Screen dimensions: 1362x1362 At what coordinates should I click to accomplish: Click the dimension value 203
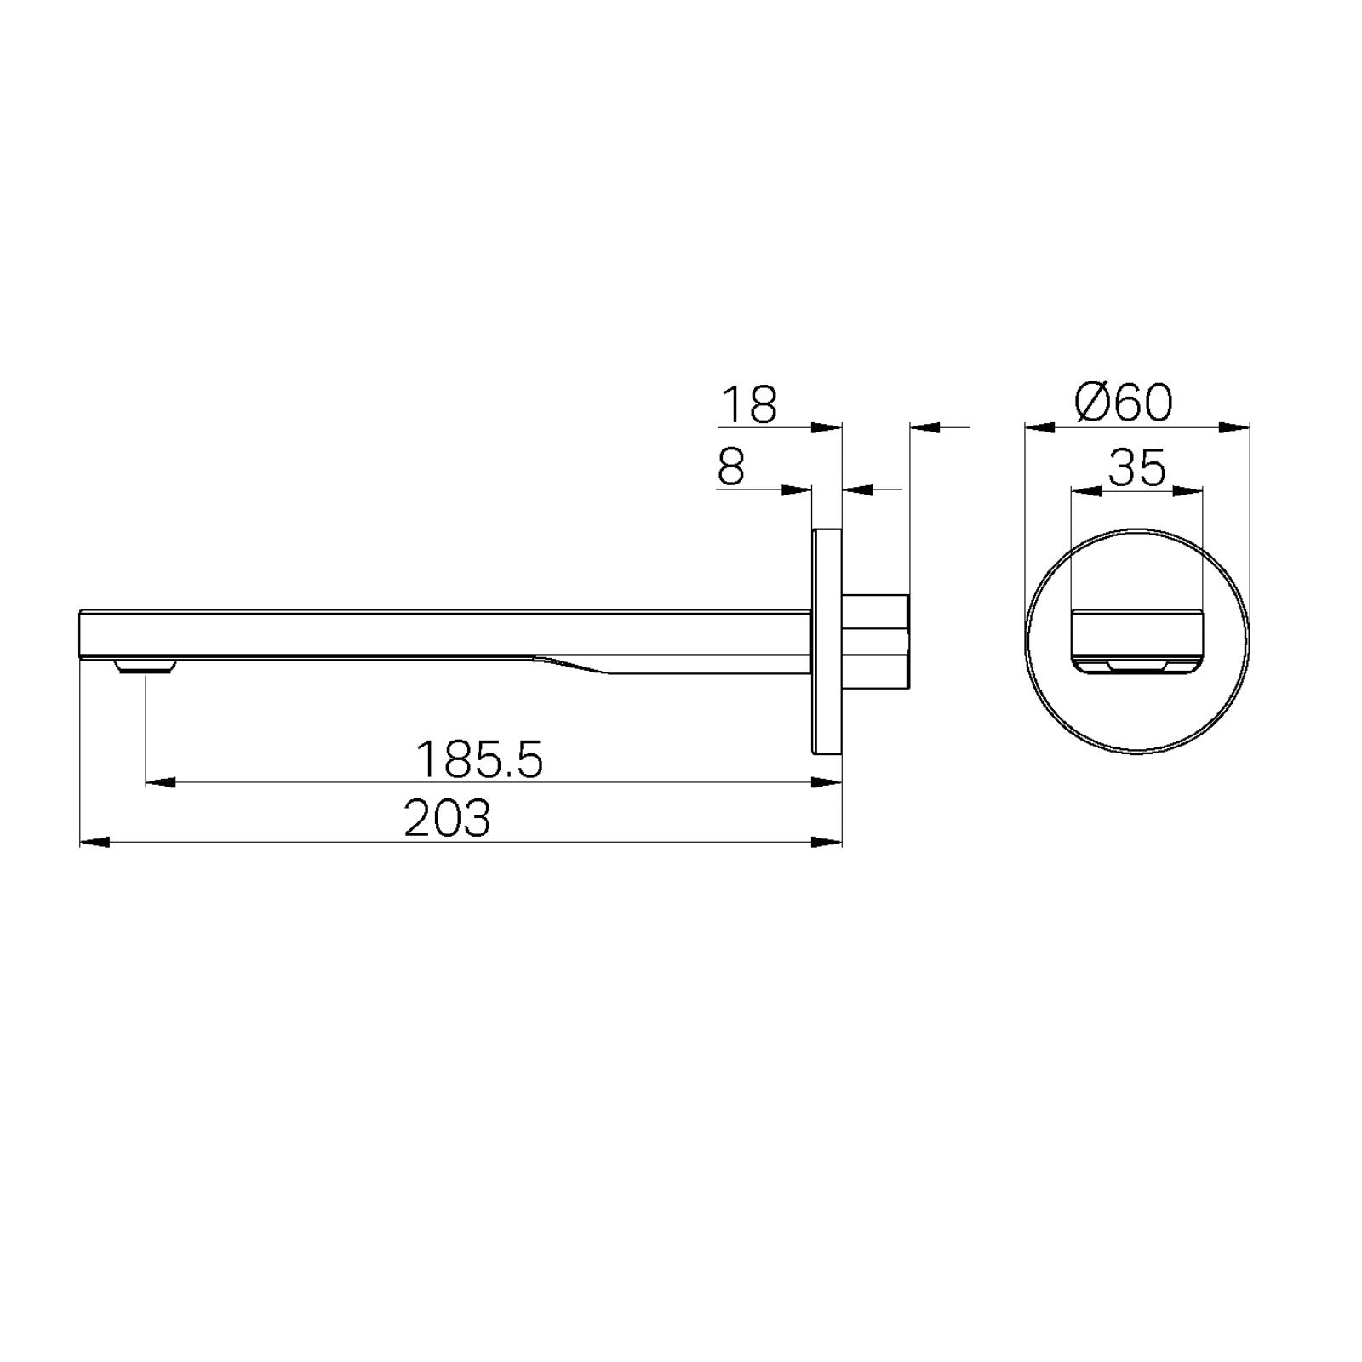point(447,819)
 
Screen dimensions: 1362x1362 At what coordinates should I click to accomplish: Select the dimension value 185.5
point(478,759)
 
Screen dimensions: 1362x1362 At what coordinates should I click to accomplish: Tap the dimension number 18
point(749,405)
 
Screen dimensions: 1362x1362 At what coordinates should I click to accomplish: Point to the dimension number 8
point(731,467)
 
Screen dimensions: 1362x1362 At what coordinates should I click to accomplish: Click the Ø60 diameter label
point(1124,403)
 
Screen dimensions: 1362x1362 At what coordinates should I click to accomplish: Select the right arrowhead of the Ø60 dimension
point(1234,427)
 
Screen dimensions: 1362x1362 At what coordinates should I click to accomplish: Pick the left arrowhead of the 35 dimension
point(1085,490)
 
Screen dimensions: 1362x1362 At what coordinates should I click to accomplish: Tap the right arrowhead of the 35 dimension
point(1188,490)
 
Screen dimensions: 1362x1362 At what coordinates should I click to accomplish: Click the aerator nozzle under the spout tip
point(146,665)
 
